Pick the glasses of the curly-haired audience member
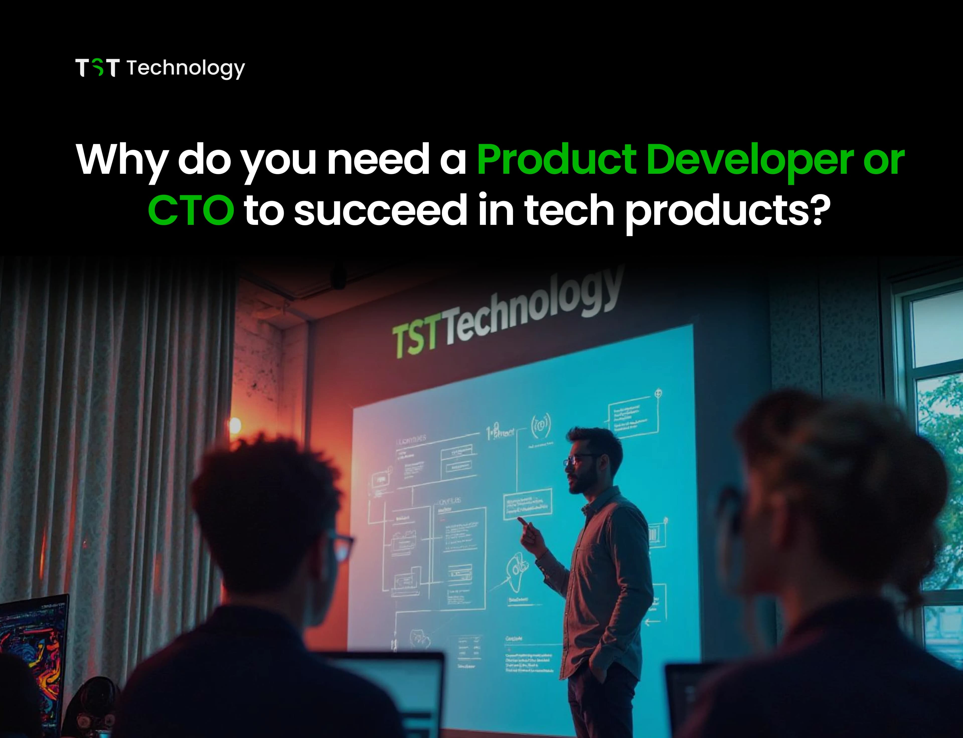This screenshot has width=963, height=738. pos(341,547)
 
